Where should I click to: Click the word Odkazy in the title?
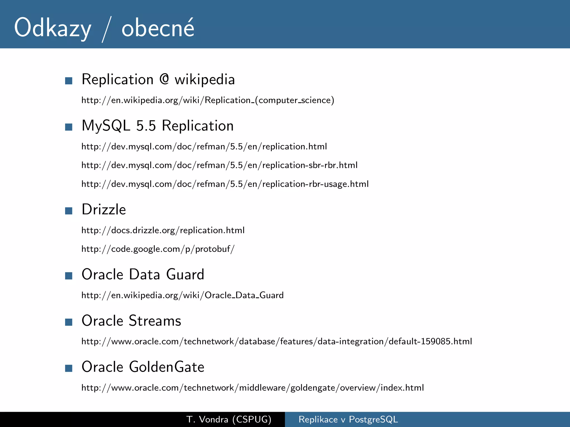pos(53,28)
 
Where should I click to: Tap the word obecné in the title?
pos(158,28)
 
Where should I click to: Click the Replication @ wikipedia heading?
pos(158,80)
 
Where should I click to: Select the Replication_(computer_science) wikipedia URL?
pos(208,100)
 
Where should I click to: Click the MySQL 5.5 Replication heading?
pos(158,126)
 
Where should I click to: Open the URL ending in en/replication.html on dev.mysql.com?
pos(204,147)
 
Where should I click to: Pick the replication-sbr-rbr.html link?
pos(219,165)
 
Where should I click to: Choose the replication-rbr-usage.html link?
pos(225,184)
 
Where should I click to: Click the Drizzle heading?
pos(104,209)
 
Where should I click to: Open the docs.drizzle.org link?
pos(163,230)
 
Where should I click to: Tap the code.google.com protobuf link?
pos(158,249)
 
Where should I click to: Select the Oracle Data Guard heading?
pos(143,274)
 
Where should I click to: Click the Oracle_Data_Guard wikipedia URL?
pos(182,295)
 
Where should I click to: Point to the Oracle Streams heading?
pos(131,321)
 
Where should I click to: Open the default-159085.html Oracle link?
pos(277,341)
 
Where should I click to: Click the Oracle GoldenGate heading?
pos(143,367)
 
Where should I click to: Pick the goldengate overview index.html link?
pos(252,388)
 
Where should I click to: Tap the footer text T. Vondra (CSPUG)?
pos(229,419)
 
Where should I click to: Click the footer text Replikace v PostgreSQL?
pos(348,419)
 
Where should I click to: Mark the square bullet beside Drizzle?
pos(68,211)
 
